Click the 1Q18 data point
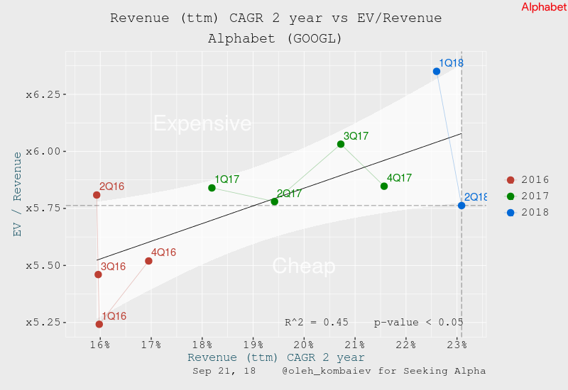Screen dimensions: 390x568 [437, 72]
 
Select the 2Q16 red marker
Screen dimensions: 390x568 [97, 195]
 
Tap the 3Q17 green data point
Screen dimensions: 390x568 [341, 144]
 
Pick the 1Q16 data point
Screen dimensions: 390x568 [99, 324]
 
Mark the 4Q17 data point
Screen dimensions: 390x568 [384, 186]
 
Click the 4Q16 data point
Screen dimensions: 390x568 [148, 261]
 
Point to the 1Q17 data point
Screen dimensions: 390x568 [212, 188]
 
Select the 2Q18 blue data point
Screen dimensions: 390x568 [461, 206]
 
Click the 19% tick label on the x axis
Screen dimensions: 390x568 [253, 345]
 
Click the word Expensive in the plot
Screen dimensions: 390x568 [202, 123]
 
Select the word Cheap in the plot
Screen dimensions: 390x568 [304, 266]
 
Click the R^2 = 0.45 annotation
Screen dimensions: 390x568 [316, 322]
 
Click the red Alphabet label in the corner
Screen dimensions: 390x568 [544, 7]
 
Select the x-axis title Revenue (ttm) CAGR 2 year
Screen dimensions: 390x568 [275, 357]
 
